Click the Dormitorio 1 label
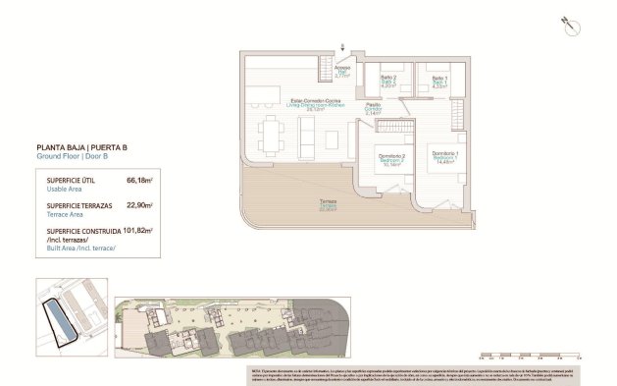pyautogui.click(x=444, y=155)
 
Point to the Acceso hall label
pyautogui.click(x=341, y=70)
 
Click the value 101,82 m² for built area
pyautogui.click(x=140, y=230)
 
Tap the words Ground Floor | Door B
pyautogui.click(x=74, y=156)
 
